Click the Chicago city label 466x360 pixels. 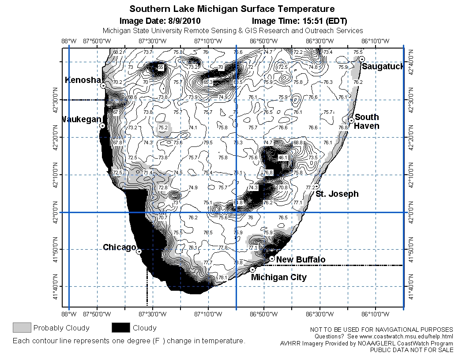119,247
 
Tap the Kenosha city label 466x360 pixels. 83,80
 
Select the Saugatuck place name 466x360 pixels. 383,67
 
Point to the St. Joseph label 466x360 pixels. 337,194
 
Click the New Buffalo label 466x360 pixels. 301,260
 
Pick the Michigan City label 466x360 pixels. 278,277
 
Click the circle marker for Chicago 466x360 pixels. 139,251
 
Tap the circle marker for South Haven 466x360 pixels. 351,120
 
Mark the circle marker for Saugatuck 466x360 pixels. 361,59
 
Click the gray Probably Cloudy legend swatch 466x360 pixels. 22,327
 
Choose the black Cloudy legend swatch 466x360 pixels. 120,327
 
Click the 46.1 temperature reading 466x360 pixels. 283,157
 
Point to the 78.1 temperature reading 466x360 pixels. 222,277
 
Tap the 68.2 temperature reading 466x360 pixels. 118,52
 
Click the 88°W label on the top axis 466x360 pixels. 68,41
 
